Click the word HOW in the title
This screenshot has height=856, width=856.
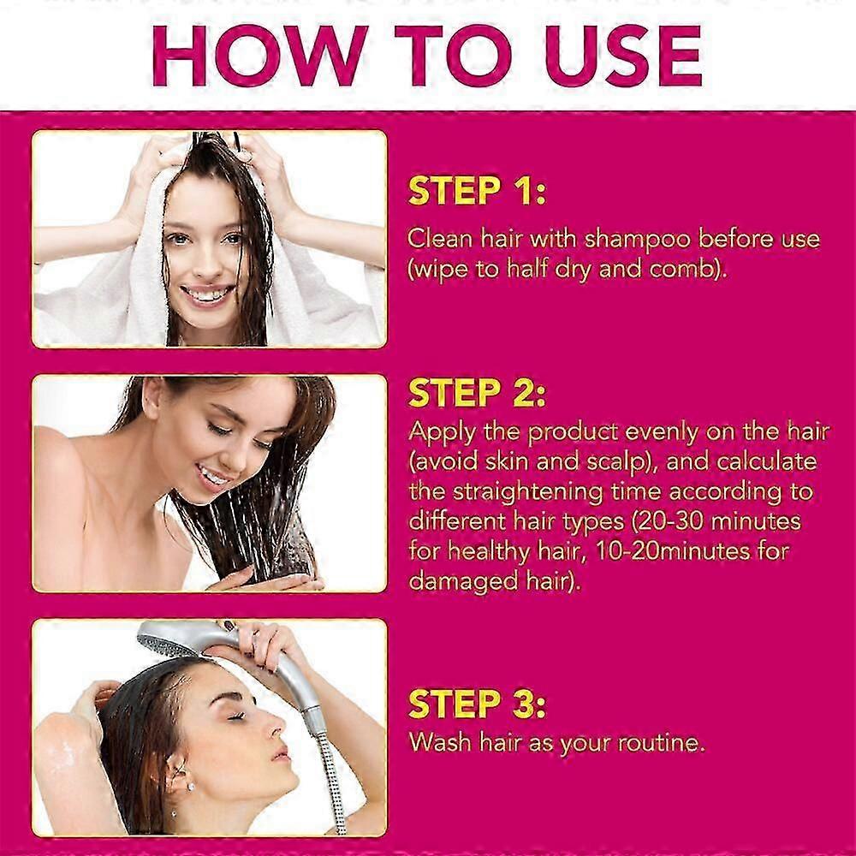260,56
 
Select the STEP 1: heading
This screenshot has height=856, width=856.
477,191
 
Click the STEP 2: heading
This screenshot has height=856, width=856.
477,393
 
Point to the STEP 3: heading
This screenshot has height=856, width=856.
477,704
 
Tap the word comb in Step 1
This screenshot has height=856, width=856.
681,270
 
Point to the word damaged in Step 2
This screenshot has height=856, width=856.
463,582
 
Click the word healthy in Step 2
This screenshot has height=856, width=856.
489,552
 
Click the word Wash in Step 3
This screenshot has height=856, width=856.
439,742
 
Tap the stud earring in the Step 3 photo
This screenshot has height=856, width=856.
191,786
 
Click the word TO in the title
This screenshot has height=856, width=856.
453,56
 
